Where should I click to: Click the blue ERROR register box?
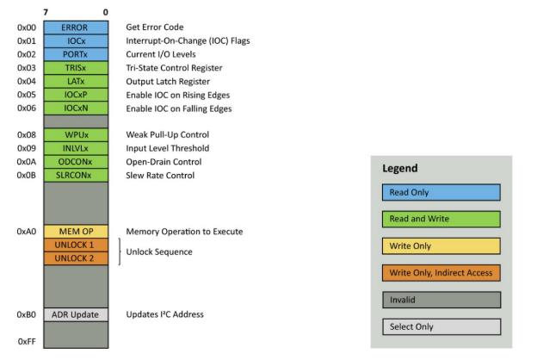76,28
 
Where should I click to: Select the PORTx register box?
76,54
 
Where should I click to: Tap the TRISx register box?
76,68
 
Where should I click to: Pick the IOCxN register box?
76,109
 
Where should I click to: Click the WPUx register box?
76,134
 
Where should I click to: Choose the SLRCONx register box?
76,175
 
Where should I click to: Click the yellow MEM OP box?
76,232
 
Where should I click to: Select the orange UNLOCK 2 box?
76,258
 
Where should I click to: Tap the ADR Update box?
76,314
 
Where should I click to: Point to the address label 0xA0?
27,232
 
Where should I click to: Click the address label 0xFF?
27,342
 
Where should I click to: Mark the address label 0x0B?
27,175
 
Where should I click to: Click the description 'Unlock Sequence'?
159,252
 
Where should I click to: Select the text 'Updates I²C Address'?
164,314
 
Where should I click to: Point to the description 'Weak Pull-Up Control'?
168,134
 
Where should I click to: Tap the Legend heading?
400,168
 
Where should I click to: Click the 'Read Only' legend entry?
441,192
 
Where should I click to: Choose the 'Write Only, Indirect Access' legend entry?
441,273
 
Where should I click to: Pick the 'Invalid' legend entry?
441,300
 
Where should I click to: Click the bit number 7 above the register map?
46,12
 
